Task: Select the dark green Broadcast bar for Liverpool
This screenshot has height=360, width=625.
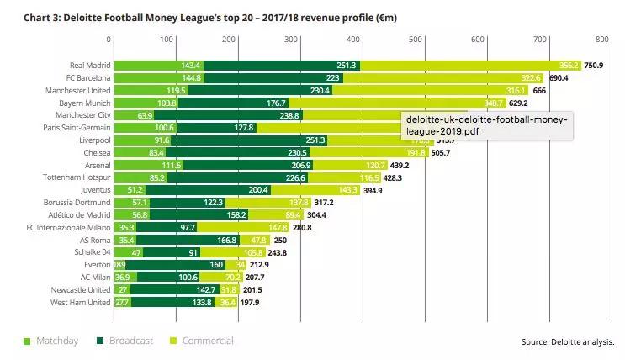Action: pos(248,140)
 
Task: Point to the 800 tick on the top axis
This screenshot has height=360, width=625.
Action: pos(601,40)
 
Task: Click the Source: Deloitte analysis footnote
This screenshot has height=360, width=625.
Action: pos(568,341)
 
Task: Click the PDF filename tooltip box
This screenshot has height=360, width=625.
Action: pos(487,126)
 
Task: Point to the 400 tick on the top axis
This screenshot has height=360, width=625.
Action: pos(355,40)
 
